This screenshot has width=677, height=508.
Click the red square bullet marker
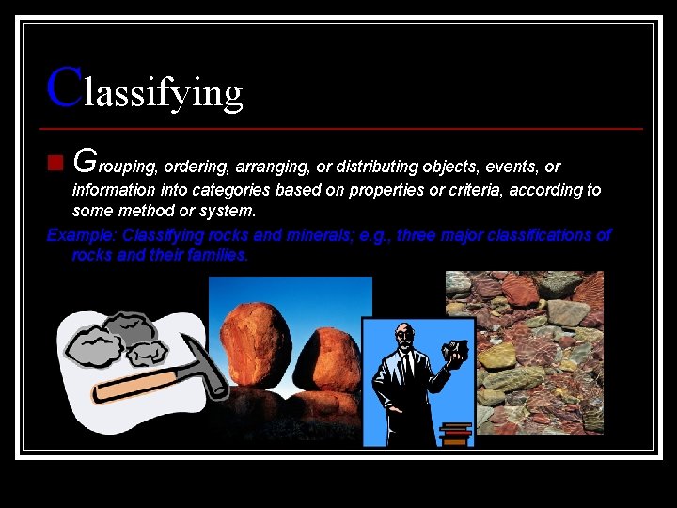(55, 167)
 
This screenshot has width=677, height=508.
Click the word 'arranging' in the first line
(266, 167)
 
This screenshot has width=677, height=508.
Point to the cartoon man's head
(404, 336)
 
